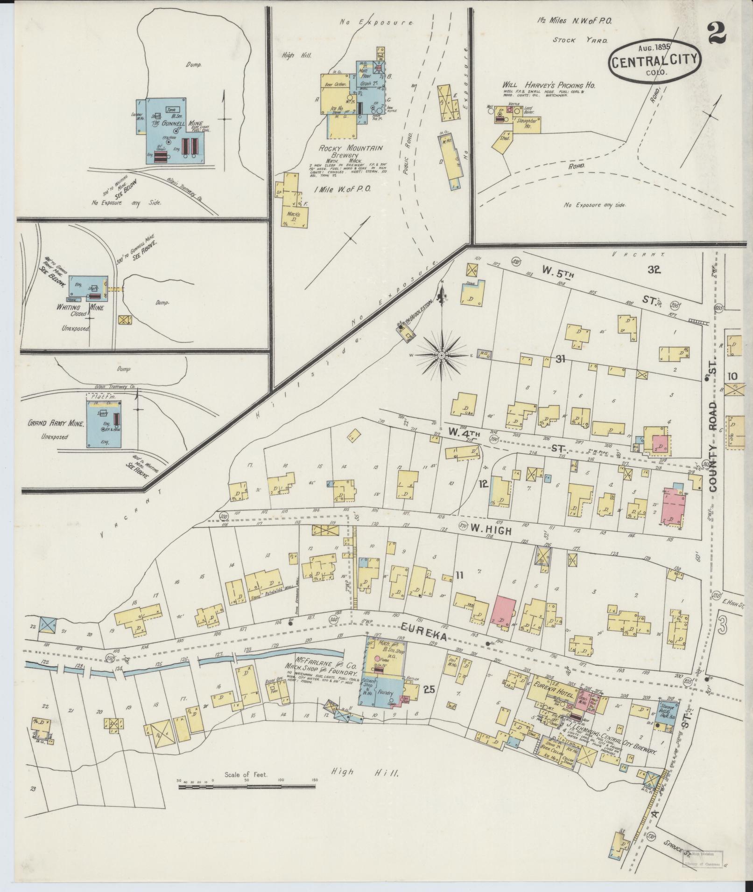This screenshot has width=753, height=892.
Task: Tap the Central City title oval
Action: tap(654, 62)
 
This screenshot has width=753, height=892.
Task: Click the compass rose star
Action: tap(441, 355)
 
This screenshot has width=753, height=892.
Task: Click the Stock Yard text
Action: tap(580, 40)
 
